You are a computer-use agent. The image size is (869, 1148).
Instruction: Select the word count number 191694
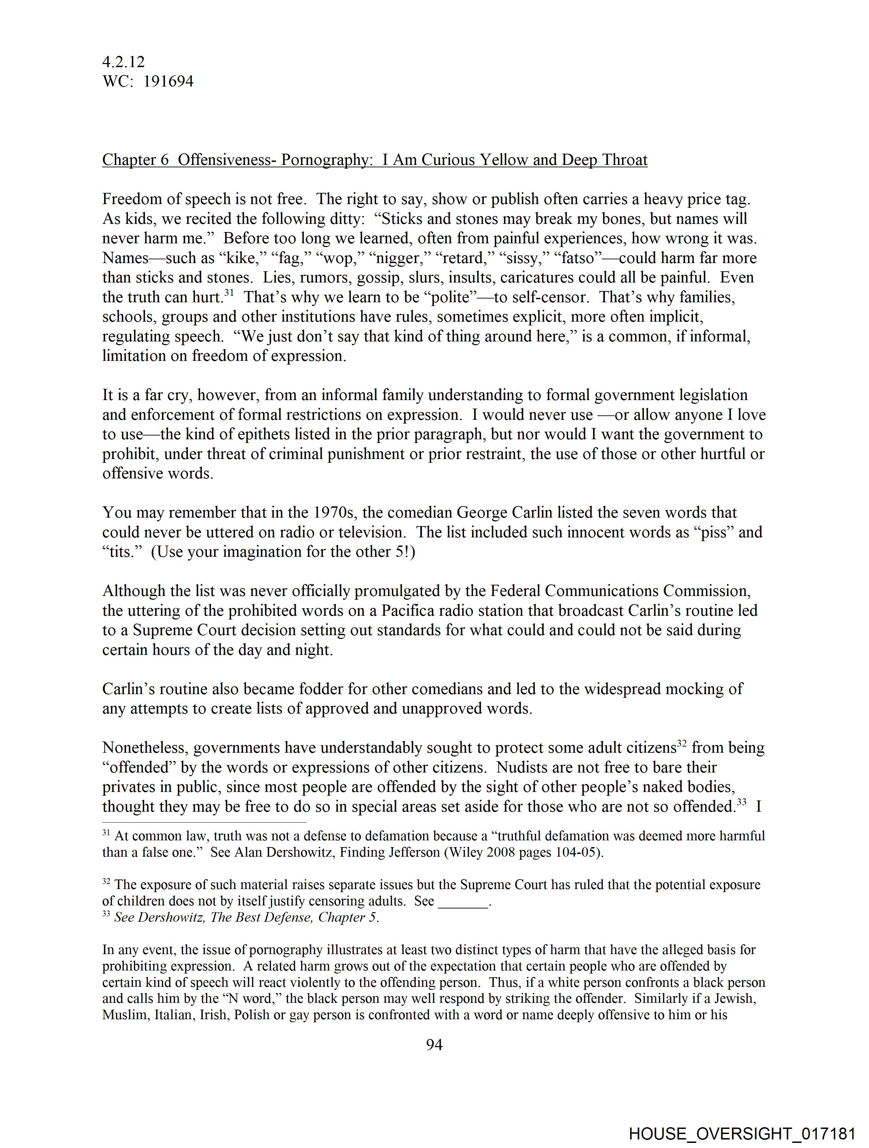pos(168,81)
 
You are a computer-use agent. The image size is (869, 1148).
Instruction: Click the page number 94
pos(434,1045)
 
